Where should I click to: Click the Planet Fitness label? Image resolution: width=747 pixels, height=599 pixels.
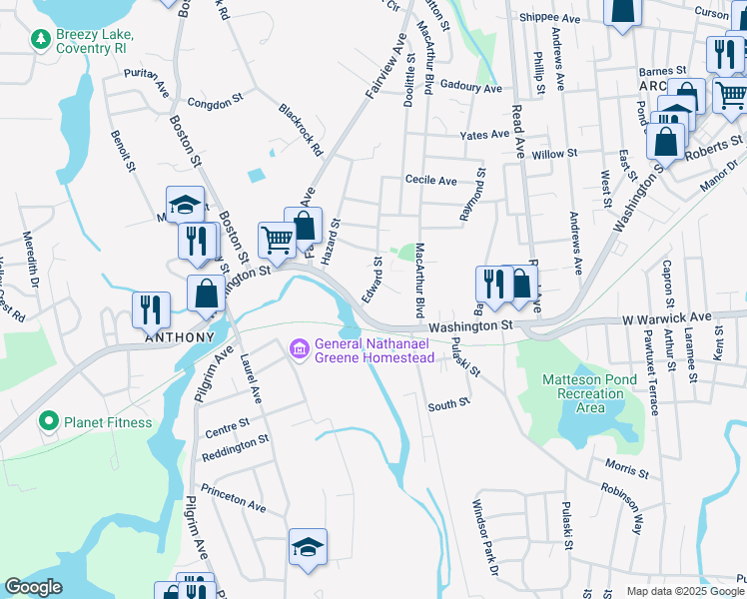[108, 422]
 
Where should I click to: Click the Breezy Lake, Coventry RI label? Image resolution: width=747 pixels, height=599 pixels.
[95, 40]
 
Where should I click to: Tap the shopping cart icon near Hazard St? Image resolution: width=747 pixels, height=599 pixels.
[276, 239]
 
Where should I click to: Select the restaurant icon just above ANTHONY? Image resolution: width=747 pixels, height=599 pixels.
[151, 308]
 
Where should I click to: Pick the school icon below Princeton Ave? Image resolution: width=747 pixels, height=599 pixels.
[309, 546]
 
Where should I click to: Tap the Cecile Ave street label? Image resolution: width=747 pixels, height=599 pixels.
[430, 181]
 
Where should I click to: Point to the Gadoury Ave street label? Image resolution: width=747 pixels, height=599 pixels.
[470, 88]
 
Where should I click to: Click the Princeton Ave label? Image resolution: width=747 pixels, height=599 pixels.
[233, 499]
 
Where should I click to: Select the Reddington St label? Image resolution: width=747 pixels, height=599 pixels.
[236, 442]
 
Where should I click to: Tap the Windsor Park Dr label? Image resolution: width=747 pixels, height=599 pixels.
[484, 538]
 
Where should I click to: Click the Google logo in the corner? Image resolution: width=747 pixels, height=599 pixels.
[32, 587]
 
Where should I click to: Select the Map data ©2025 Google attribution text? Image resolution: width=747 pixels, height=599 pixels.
[685, 591]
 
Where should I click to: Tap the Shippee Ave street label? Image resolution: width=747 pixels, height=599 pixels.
[549, 18]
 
